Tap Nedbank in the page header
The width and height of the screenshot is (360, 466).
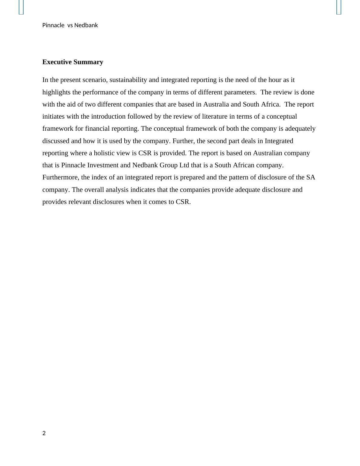tap(86, 25)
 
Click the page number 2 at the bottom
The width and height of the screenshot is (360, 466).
tap(44, 433)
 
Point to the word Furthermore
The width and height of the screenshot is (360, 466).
tap(61, 177)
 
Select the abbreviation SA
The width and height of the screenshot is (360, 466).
tap(311, 177)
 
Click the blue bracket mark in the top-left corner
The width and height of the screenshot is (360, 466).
tap(21, 7)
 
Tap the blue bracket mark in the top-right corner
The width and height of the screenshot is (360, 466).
tap(339, 7)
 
